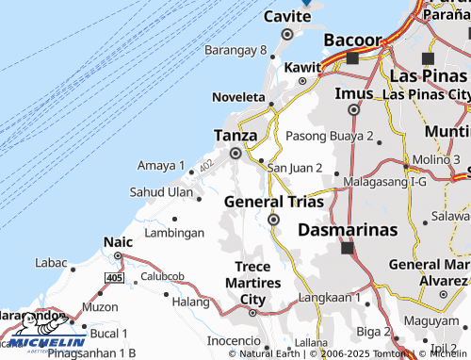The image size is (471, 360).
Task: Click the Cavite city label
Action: click(287, 17)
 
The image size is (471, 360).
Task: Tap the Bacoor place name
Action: click(352, 41)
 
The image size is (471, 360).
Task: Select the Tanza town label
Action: click(235, 135)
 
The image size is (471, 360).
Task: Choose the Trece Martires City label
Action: click(257, 284)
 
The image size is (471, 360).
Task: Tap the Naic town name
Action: click(118, 242)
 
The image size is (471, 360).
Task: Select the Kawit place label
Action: click(302, 68)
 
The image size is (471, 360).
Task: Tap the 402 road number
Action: click(206, 165)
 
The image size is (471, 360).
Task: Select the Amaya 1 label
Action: click(161, 166)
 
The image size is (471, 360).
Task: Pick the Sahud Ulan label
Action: click(161, 192)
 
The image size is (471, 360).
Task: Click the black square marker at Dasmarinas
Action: click(347, 249)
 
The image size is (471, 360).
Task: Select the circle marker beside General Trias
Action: click(273, 220)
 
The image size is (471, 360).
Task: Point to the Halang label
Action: click(190, 302)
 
